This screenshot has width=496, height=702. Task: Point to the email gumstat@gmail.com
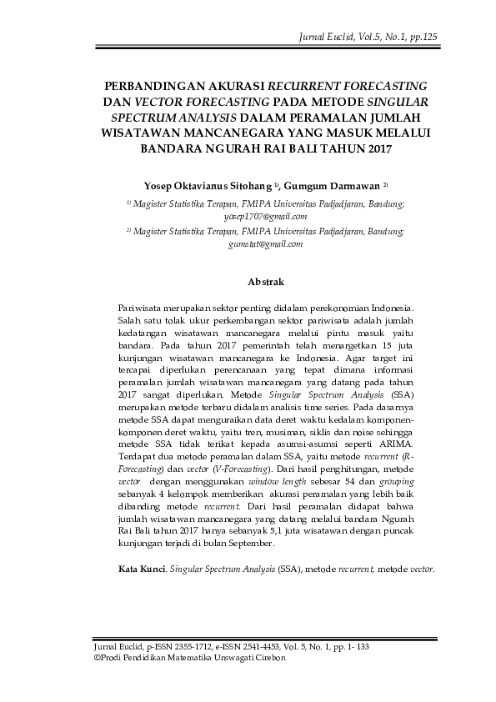(266, 244)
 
